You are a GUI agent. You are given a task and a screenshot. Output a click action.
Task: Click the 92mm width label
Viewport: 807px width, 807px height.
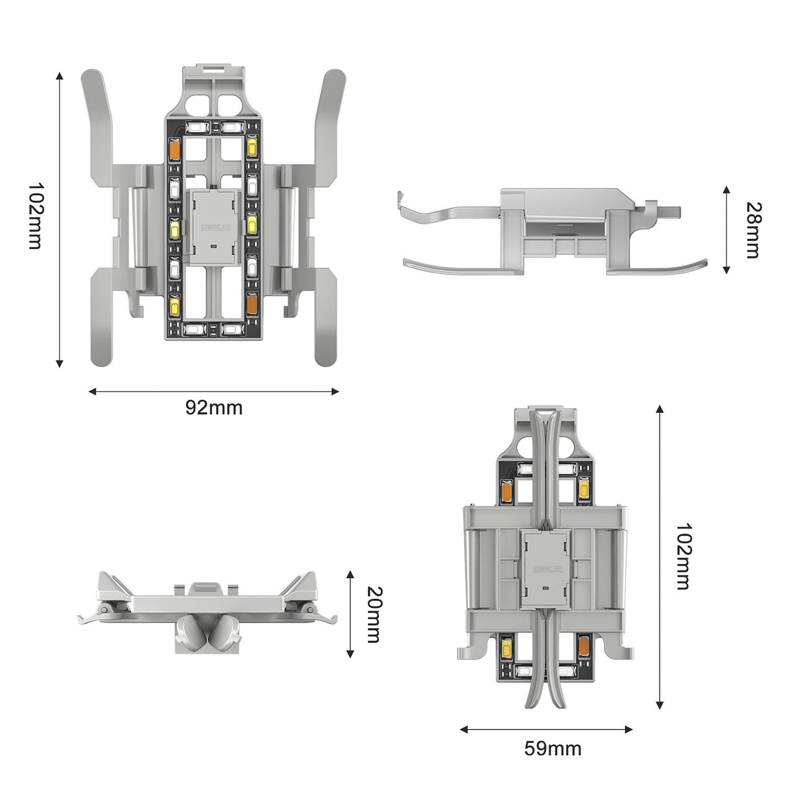click(x=214, y=408)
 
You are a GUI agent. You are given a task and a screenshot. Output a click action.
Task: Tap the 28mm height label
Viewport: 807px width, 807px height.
click(x=753, y=230)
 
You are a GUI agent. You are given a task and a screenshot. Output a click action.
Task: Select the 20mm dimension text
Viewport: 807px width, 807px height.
click(x=373, y=614)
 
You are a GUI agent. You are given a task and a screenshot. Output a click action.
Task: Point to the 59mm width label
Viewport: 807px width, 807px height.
click(x=552, y=748)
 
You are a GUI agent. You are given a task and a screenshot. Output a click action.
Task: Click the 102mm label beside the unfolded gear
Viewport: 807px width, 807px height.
click(x=35, y=216)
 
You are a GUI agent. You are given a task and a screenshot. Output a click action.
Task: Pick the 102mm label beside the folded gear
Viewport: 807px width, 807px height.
click(x=683, y=556)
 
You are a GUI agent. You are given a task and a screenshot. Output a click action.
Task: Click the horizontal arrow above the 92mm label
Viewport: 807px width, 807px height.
click(x=214, y=391)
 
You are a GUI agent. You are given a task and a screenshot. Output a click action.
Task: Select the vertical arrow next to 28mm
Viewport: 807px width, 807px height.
click(x=726, y=230)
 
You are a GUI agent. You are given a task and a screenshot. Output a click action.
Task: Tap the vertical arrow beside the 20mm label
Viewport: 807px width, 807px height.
click(x=350, y=614)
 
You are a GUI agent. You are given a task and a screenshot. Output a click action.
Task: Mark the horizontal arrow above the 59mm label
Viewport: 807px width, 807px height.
click(x=546, y=729)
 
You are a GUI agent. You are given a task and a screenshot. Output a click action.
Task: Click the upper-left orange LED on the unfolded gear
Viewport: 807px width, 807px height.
click(x=174, y=149)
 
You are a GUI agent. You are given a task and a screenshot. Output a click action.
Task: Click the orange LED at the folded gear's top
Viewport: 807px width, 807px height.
click(x=507, y=489)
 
